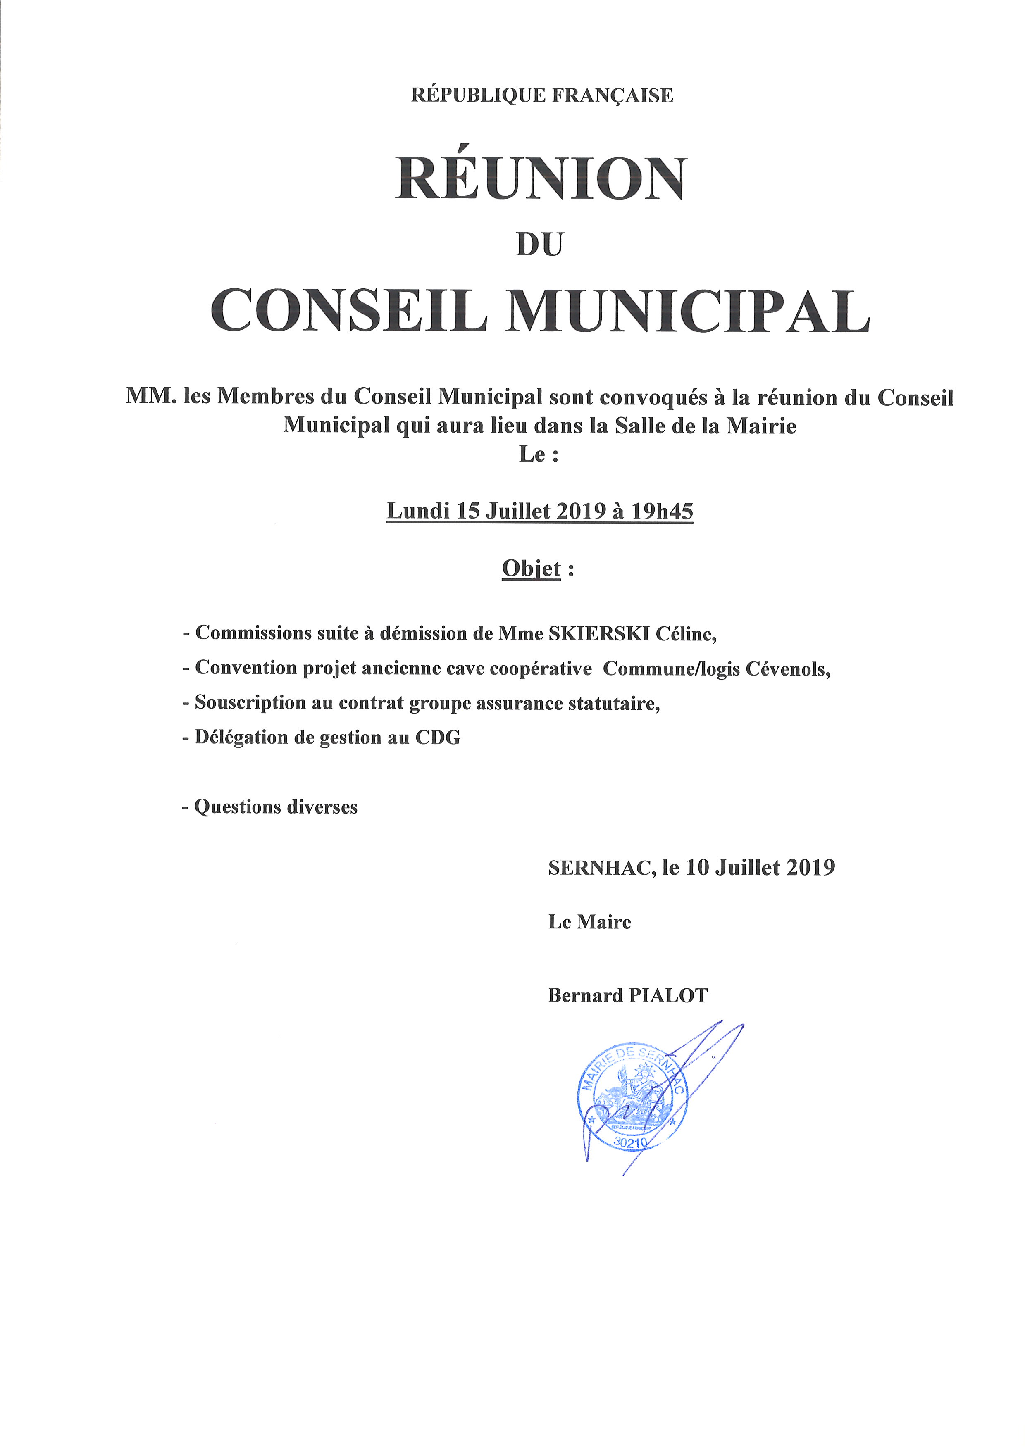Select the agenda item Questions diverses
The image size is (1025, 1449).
275,807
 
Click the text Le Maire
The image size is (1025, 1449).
589,922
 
